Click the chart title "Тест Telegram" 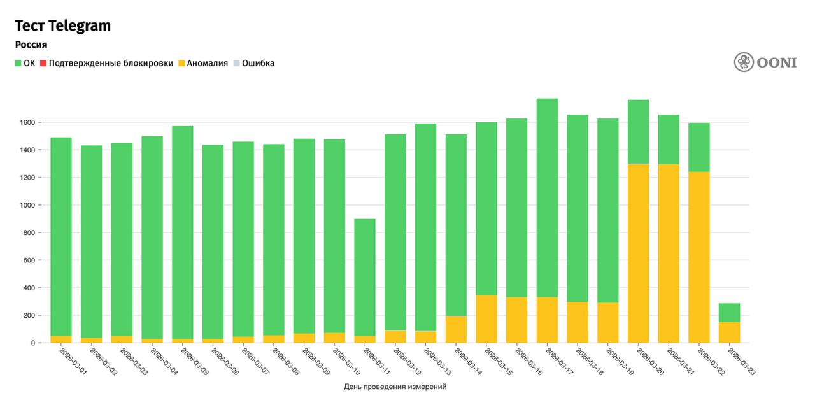pyautogui.click(x=63, y=25)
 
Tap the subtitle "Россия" pyautogui.click(x=31, y=45)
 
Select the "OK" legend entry pyautogui.click(x=25, y=63)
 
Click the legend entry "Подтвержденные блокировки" pyautogui.click(x=106, y=63)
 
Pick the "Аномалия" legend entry pyautogui.click(x=202, y=63)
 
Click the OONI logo pyautogui.click(x=765, y=62)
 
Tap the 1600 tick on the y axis pyautogui.click(x=27, y=122)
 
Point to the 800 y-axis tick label pyautogui.click(x=29, y=232)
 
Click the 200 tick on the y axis pyautogui.click(x=29, y=315)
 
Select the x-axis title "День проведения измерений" pyautogui.click(x=395, y=387)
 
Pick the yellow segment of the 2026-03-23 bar pyautogui.click(x=730, y=332)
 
